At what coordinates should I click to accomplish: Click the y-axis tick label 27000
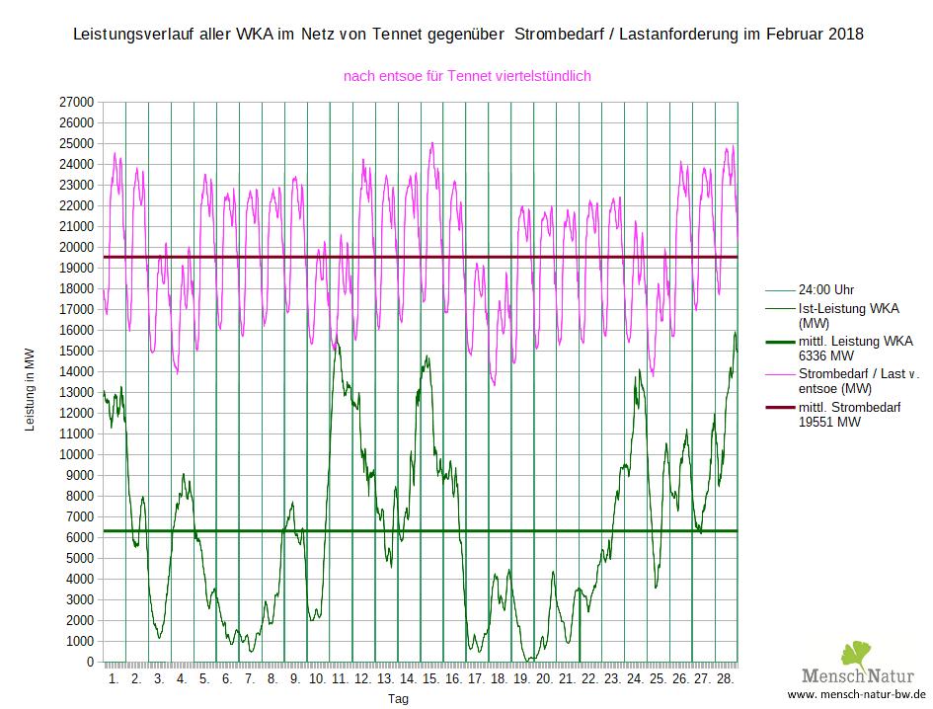tap(76, 102)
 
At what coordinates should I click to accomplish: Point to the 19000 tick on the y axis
tap(76, 268)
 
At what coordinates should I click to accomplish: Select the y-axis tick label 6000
tap(79, 537)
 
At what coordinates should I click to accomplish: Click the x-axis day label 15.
tap(431, 679)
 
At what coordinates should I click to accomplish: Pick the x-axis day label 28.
tap(725, 679)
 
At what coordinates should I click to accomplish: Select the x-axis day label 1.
tap(114, 679)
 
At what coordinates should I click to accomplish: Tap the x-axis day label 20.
tap(544, 679)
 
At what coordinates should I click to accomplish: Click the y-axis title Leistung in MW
tap(29, 391)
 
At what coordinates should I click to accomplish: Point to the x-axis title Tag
tap(398, 698)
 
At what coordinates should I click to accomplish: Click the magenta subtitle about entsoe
tap(467, 75)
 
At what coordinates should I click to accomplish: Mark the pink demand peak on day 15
tap(431, 143)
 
